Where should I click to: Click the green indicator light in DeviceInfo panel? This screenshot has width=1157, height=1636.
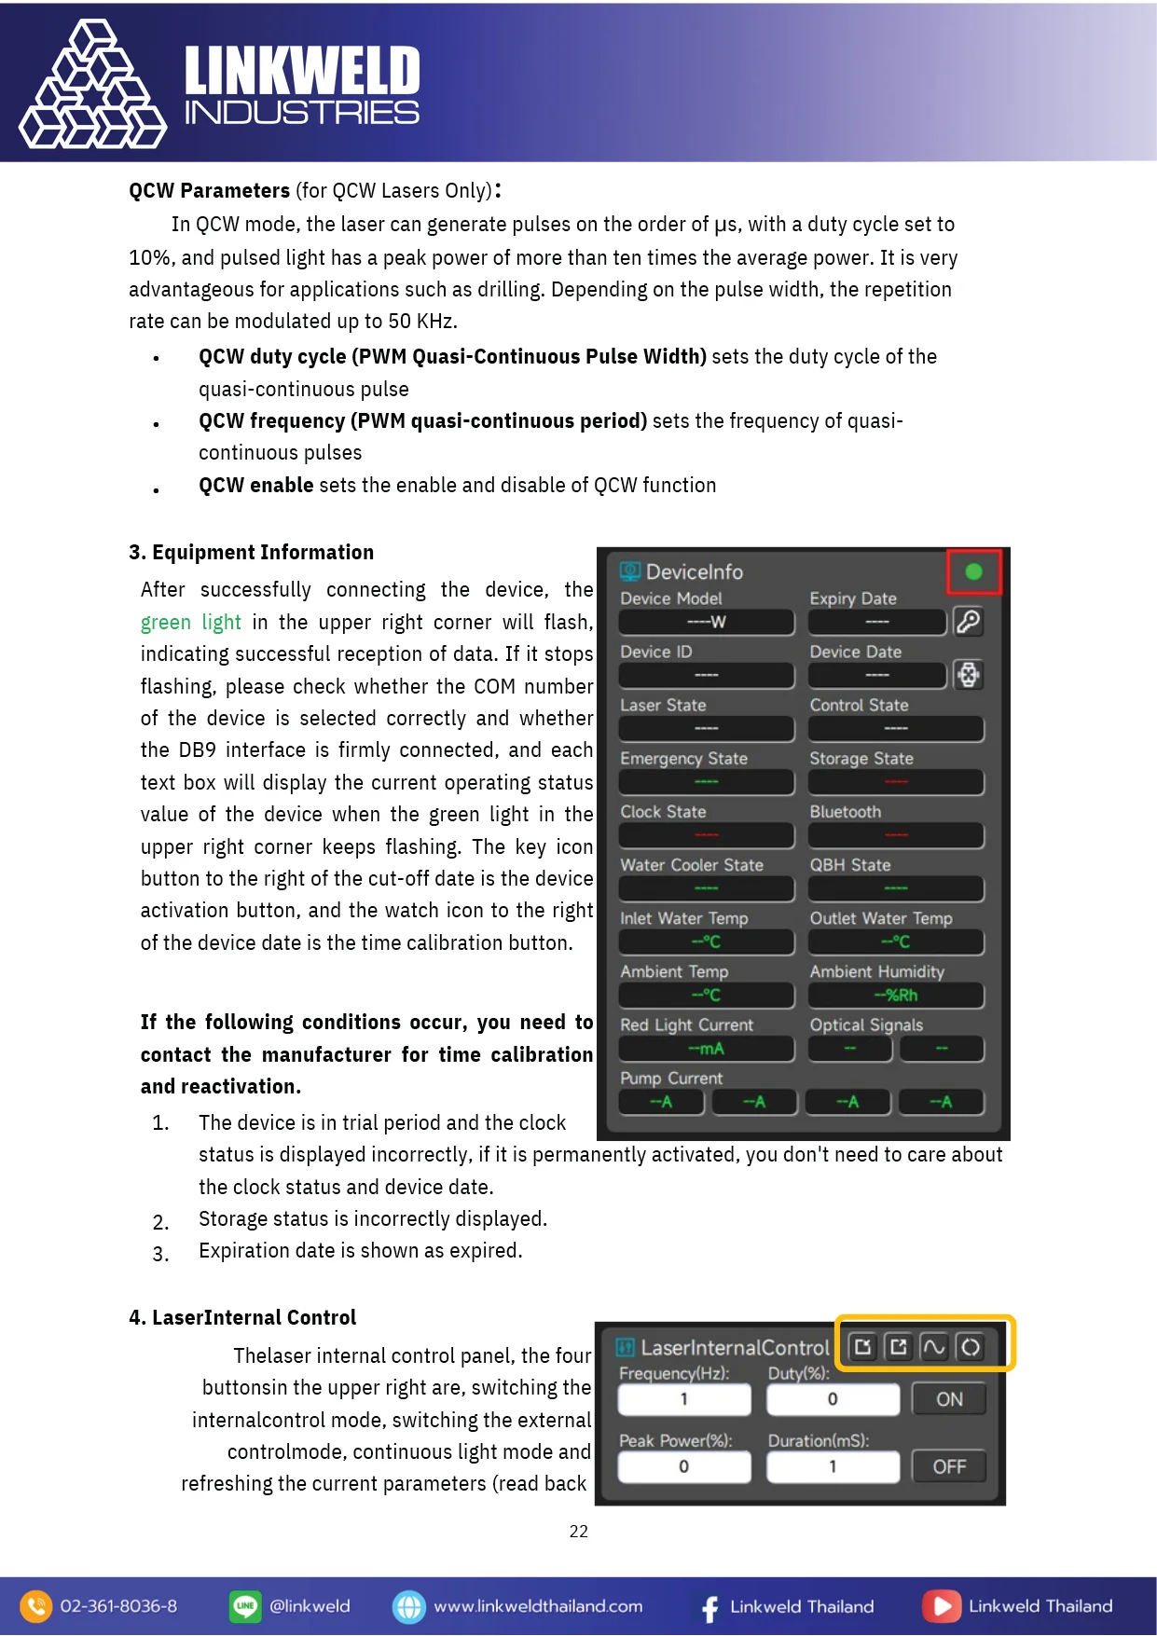click(x=973, y=571)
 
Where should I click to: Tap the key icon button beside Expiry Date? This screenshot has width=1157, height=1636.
click(x=968, y=622)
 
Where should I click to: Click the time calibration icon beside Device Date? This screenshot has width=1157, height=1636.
click(x=968, y=675)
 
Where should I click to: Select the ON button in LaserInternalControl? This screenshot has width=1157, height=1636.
click(x=948, y=1399)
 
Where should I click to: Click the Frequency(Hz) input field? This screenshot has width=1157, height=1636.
click(x=683, y=1399)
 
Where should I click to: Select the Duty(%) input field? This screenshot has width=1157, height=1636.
click(x=832, y=1399)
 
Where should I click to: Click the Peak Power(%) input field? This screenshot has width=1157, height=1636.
click(x=683, y=1466)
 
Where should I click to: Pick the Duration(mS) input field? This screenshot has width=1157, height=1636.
click(x=832, y=1466)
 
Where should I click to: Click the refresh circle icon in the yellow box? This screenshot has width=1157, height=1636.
click(x=970, y=1347)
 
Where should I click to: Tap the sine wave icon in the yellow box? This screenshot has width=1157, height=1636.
click(x=933, y=1347)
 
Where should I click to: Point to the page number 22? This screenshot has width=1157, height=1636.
click(x=578, y=1531)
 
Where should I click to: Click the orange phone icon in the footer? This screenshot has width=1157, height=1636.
click(x=35, y=1606)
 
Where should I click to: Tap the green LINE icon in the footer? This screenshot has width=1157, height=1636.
click(x=245, y=1606)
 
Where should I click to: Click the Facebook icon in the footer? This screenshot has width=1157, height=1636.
click(x=709, y=1607)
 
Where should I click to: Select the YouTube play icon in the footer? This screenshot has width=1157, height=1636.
click(x=942, y=1606)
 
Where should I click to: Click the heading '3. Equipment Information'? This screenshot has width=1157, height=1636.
click(x=251, y=552)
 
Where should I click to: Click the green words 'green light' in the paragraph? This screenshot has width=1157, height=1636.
click(x=190, y=622)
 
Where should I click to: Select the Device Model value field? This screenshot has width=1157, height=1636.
click(x=706, y=622)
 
